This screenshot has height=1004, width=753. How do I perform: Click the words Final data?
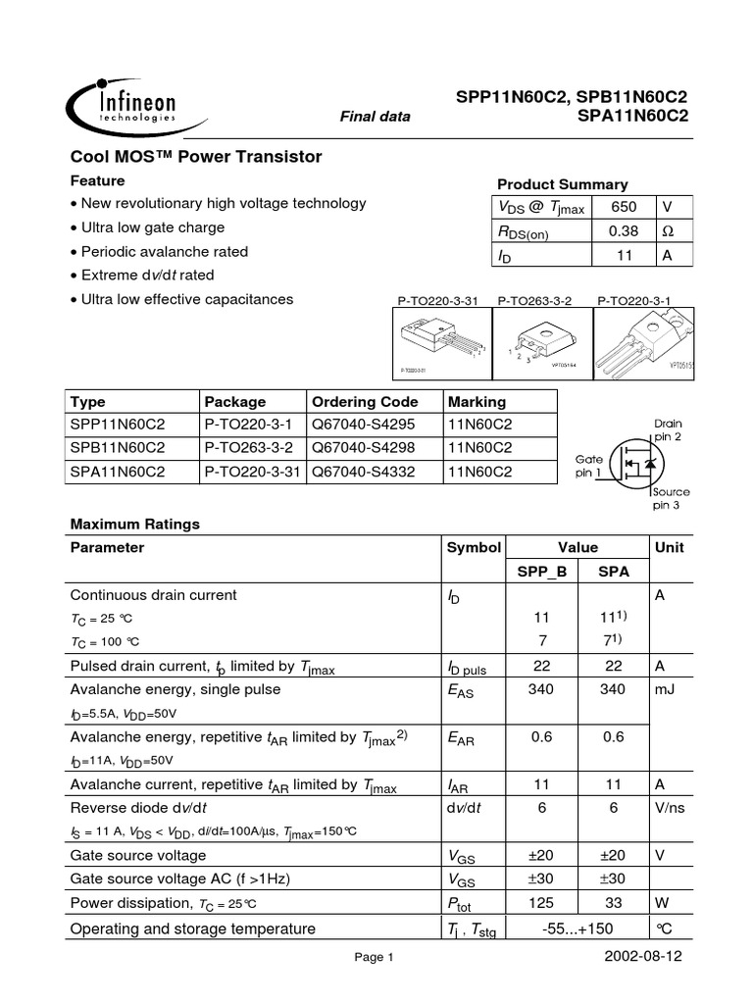pos(375,117)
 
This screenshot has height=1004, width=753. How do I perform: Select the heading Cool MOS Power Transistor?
pos(196,157)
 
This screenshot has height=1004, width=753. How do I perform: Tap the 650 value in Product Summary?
pos(624,207)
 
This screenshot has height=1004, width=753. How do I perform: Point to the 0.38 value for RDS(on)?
pos(624,231)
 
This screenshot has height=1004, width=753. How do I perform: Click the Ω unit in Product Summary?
pos(668,231)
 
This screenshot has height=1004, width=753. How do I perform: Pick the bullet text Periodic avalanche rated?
pos(165,251)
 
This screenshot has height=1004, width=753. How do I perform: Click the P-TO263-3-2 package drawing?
pos(534,343)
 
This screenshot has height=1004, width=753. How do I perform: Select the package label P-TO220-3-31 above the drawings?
pos(437,301)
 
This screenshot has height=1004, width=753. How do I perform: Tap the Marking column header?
pos(477,402)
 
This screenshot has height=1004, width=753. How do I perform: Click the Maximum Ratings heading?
pos(134,525)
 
